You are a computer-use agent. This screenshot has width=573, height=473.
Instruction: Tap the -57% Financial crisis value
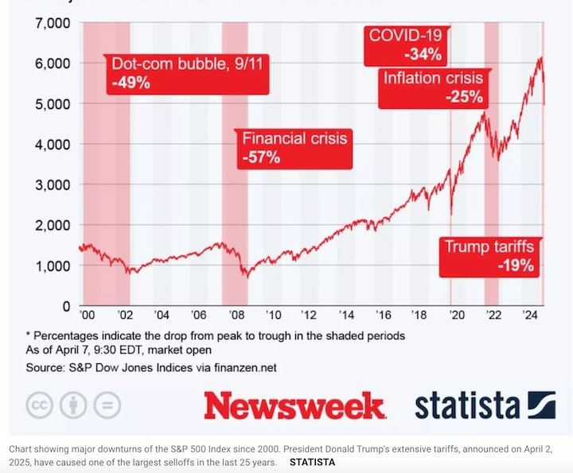tap(261, 157)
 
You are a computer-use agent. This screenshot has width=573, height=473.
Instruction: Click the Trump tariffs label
tap(489, 247)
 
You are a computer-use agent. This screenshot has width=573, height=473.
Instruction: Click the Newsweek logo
tap(294, 405)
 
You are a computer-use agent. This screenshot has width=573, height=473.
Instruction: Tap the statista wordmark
tap(467, 405)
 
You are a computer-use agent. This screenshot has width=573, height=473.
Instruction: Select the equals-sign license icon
tap(107, 405)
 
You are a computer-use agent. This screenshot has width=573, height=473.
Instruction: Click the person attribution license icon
tap(73, 405)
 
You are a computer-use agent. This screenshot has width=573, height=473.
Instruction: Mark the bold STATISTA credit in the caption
tap(312, 461)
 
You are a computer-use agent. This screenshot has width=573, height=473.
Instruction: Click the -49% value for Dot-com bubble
tap(131, 82)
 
